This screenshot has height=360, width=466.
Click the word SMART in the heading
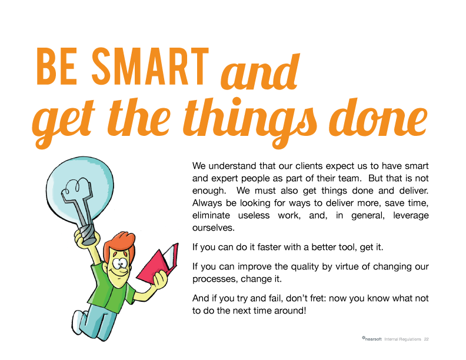(x=151, y=66)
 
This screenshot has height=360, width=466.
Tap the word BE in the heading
(x=56, y=66)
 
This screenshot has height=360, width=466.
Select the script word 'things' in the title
(x=251, y=121)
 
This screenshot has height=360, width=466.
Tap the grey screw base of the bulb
(x=88, y=234)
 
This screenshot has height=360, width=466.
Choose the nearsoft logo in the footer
(x=372, y=339)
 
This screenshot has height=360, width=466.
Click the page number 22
(x=426, y=339)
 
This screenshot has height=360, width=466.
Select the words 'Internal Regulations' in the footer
(x=402, y=339)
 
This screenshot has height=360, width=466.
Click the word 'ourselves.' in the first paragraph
(x=214, y=228)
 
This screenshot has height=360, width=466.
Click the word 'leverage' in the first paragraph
(x=411, y=216)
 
